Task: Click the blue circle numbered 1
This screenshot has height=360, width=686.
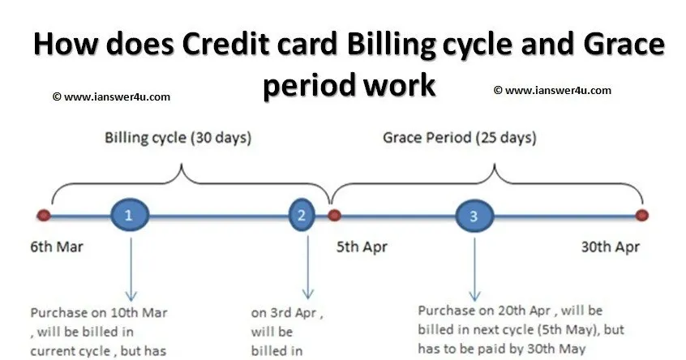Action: [x=129, y=215]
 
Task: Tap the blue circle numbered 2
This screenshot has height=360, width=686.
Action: [x=302, y=215]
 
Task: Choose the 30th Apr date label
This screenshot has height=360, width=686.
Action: [x=611, y=246]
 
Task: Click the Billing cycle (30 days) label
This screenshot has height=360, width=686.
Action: [x=177, y=138]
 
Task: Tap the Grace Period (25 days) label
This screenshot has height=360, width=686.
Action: [x=459, y=138]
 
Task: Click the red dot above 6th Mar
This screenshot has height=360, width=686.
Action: [x=44, y=216]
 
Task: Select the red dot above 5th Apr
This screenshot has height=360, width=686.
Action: [x=333, y=216]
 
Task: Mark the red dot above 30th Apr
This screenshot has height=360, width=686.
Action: [x=642, y=216]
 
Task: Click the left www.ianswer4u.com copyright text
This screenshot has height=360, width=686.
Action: [x=111, y=96]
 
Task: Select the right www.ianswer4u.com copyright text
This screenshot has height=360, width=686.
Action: [x=552, y=91]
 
